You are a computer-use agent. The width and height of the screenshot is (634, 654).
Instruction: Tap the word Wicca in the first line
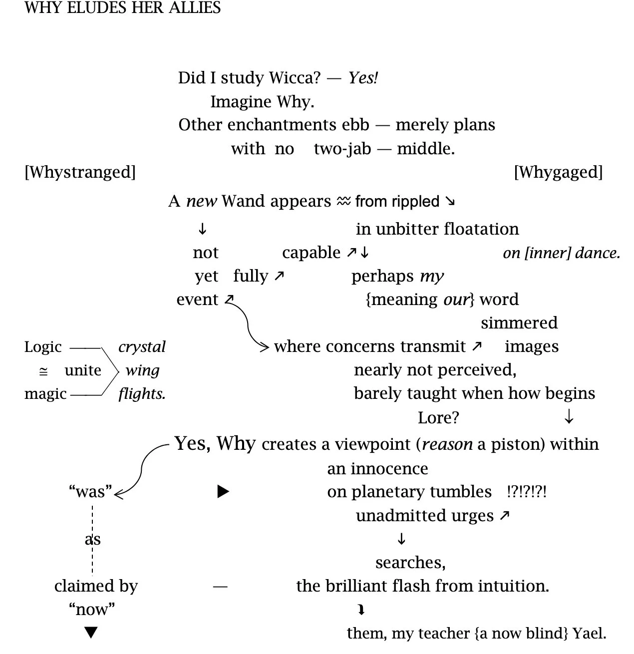[x=295, y=78]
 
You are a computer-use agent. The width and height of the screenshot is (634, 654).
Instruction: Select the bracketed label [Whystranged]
[x=80, y=172]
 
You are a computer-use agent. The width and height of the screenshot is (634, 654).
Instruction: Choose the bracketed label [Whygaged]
[x=558, y=172]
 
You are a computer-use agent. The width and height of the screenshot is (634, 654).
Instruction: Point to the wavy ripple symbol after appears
[x=343, y=201]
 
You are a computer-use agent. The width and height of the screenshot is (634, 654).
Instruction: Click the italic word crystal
[x=142, y=347]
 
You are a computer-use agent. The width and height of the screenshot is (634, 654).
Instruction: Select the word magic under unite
[x=45, y=394]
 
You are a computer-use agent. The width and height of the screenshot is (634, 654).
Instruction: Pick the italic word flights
[x=142, y=394]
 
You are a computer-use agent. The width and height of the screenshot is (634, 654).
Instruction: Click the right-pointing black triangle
[x=223, y=492]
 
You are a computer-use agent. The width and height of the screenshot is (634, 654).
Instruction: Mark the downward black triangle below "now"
[x=90, y=633]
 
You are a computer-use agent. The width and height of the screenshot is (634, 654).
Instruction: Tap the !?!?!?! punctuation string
[x=526, y=492]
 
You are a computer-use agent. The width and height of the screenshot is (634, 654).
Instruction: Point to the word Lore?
[x=438, y=417]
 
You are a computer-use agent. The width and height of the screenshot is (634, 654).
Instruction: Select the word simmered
[x=519, y=323]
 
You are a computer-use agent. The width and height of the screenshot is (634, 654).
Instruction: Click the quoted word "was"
[x=90, y=492]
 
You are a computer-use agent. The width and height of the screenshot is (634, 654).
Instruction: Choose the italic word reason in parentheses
[x=447, y=444]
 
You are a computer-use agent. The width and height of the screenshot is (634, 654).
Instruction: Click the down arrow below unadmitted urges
[x=401, y=539]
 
